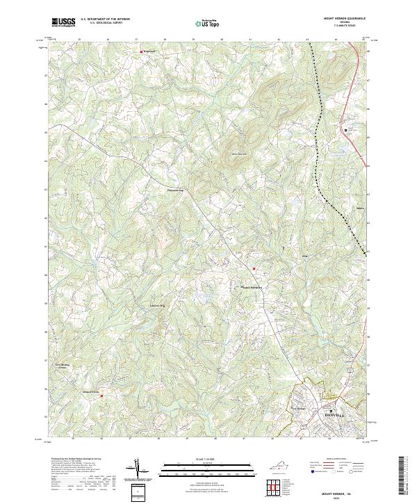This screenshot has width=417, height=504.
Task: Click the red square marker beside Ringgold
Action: (x=142, y=51)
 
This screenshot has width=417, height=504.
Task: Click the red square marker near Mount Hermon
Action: (x=254, y=269)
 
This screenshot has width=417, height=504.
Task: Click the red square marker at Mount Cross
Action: (x=101, y=397)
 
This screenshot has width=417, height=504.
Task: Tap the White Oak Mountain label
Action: (x=238, y=153)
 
